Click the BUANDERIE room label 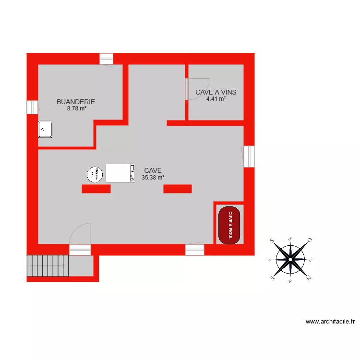pos(76,102)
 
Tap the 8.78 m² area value pos(77,108)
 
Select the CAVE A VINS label pos(216,92)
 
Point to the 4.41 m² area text pos(216,99)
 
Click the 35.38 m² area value pos(153,177)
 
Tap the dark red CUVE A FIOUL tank pos(230,225)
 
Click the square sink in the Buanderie pos(45,129)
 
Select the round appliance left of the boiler pos(95,174)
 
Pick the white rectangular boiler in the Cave pos(120,173)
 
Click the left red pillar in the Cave pos(96,189)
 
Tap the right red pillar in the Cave pos(178,189)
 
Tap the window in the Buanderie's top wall pos(106,59)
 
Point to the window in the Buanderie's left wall pos(32,107)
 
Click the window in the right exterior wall pos(249,156)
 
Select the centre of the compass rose pos(291,260)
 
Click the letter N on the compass pos(309,278)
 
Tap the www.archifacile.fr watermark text pos(330,322)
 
